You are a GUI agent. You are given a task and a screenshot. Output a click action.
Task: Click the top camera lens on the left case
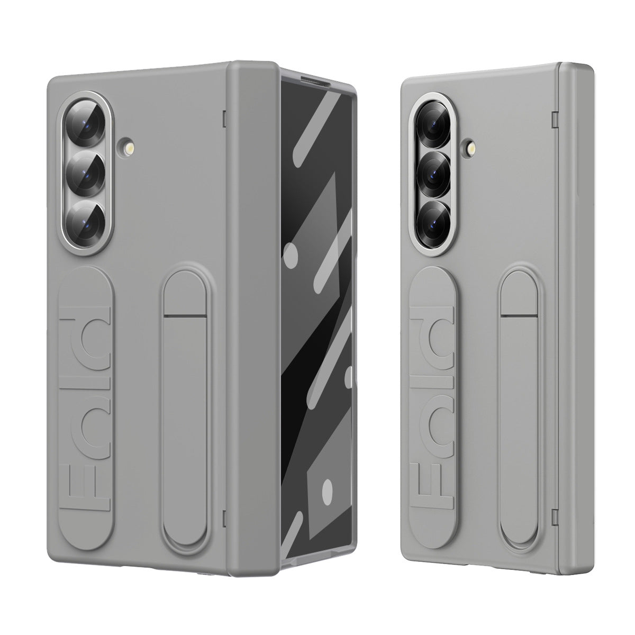coord(85,126)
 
